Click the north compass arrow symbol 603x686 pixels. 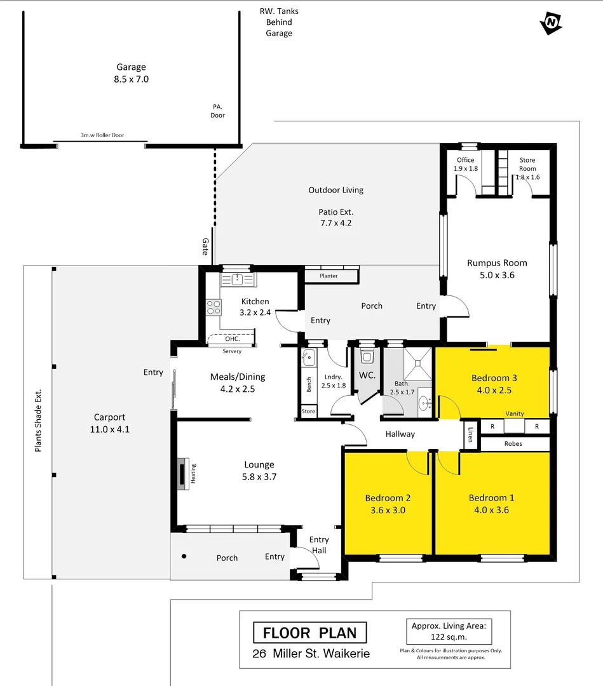coord(551,24)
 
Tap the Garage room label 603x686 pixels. coord(132,67)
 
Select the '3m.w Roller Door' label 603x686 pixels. coord(101,136)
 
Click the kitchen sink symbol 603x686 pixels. coord(238,279)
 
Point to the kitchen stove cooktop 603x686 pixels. coord(213,307)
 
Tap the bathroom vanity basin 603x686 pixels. coord(424,401)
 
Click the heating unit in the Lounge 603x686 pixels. coord(183,473)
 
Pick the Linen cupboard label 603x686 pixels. coord(470,434)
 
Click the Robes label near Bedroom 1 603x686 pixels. coord(513,443)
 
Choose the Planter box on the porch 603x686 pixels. coord(329,276)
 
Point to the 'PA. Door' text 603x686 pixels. coord(218,111)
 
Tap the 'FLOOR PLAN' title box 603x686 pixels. coord(309,633)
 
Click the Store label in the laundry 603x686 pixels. coord(308,412)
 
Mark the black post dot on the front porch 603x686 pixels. coord(184,556)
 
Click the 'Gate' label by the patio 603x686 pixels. coord(205,246)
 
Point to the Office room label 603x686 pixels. coord(466,160)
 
